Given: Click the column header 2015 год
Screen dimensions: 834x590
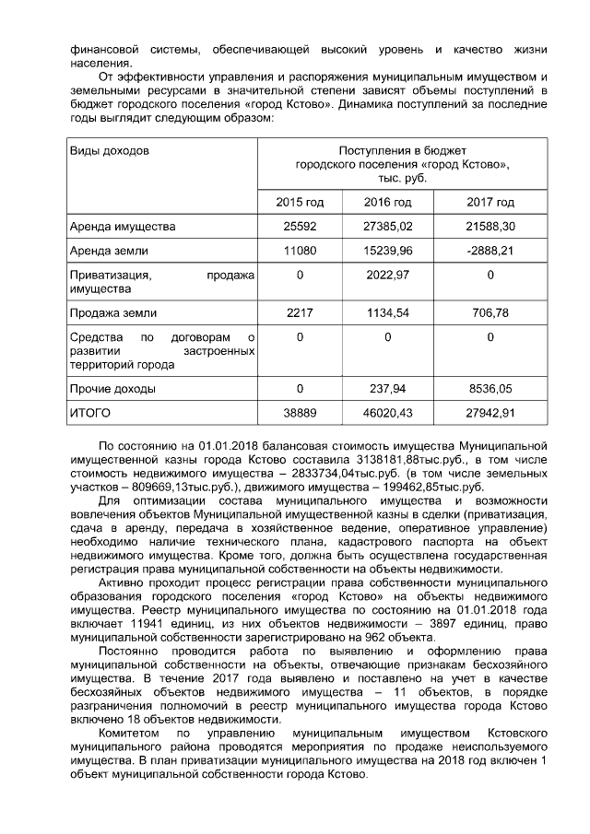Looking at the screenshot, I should tap(300, 202).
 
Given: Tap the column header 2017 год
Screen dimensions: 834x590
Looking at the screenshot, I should tap(490, 202).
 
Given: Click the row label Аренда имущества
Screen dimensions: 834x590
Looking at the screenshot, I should tap(123, 226).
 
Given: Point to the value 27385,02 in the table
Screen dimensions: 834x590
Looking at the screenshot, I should tap(388, 226).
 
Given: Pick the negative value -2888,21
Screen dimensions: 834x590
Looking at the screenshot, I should tap(490, 250).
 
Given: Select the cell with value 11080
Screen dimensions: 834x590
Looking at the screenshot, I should tap(300, 250).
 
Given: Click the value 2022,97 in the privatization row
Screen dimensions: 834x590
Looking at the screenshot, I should tap(388, 274).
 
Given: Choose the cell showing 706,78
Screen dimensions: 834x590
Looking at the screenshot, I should tap(490, 313).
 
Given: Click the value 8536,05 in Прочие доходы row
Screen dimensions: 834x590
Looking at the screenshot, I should tap(490, 389).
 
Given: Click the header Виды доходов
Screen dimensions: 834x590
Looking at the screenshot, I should tap(110, 150).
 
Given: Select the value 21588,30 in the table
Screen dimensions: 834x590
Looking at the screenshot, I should tap(490, 226).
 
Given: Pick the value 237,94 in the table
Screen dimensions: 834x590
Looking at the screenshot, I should tap(388, 389).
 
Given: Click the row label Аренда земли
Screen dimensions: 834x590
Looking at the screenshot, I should tap(108, 250).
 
